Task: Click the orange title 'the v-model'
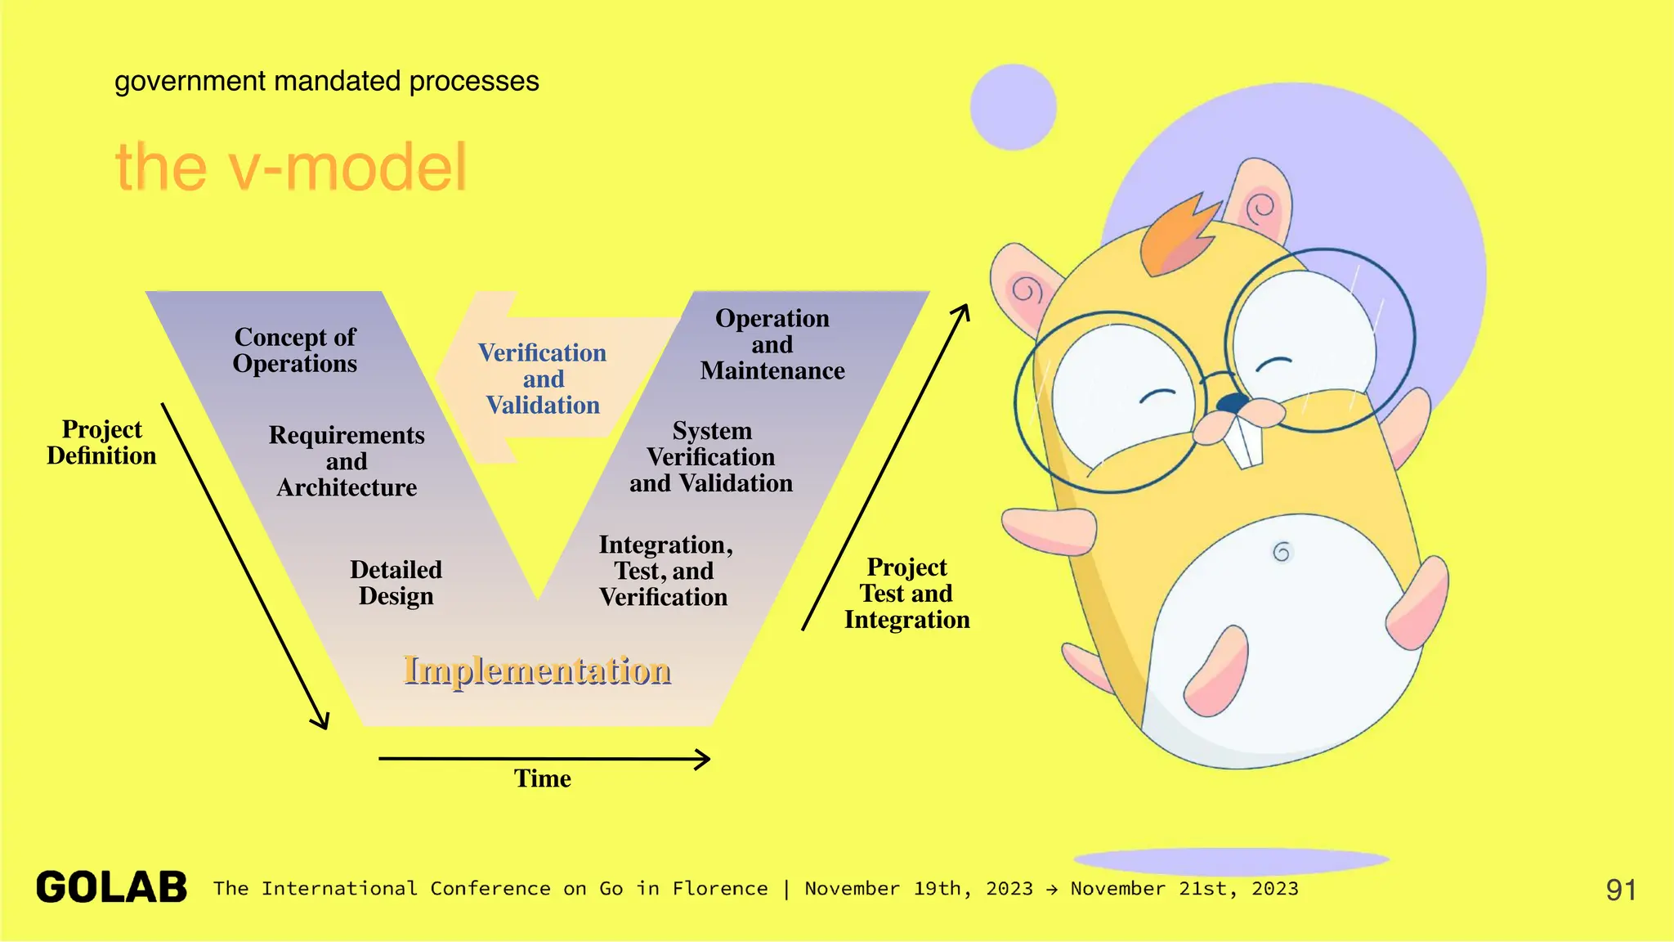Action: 291,167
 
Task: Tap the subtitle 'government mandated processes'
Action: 326,81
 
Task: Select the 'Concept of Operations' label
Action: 295,350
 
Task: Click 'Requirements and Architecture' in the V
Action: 347,461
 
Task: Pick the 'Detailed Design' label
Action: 396,582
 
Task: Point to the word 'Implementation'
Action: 537,670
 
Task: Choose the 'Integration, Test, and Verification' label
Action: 665,571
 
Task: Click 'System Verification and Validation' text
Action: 711,457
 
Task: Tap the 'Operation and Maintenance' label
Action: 772,344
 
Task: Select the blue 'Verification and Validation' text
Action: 543,379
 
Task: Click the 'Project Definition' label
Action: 101,442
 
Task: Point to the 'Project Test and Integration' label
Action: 906,593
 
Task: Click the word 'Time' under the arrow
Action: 542,778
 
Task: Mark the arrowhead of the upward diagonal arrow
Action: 965,311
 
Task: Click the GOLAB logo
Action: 112,888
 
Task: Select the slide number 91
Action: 1621,890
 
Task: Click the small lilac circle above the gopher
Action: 1013,107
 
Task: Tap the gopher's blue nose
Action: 1233,403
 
